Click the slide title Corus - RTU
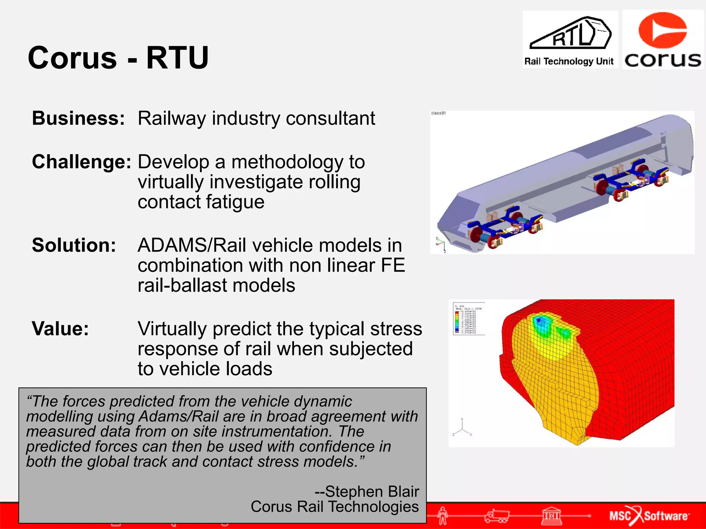[118, 58]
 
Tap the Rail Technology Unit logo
[570, 40]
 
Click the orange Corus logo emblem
[662, 30]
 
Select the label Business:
[78, 118]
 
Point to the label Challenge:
[81, 162]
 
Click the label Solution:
[74, 245]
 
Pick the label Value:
[60, 329]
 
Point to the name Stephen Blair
[372, 491]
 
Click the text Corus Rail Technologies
[334, 507]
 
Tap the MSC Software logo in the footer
[649, 516]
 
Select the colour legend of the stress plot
[468, 319]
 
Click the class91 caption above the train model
[438, 113]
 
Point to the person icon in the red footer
[443, 516]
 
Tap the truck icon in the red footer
[496, 516]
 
